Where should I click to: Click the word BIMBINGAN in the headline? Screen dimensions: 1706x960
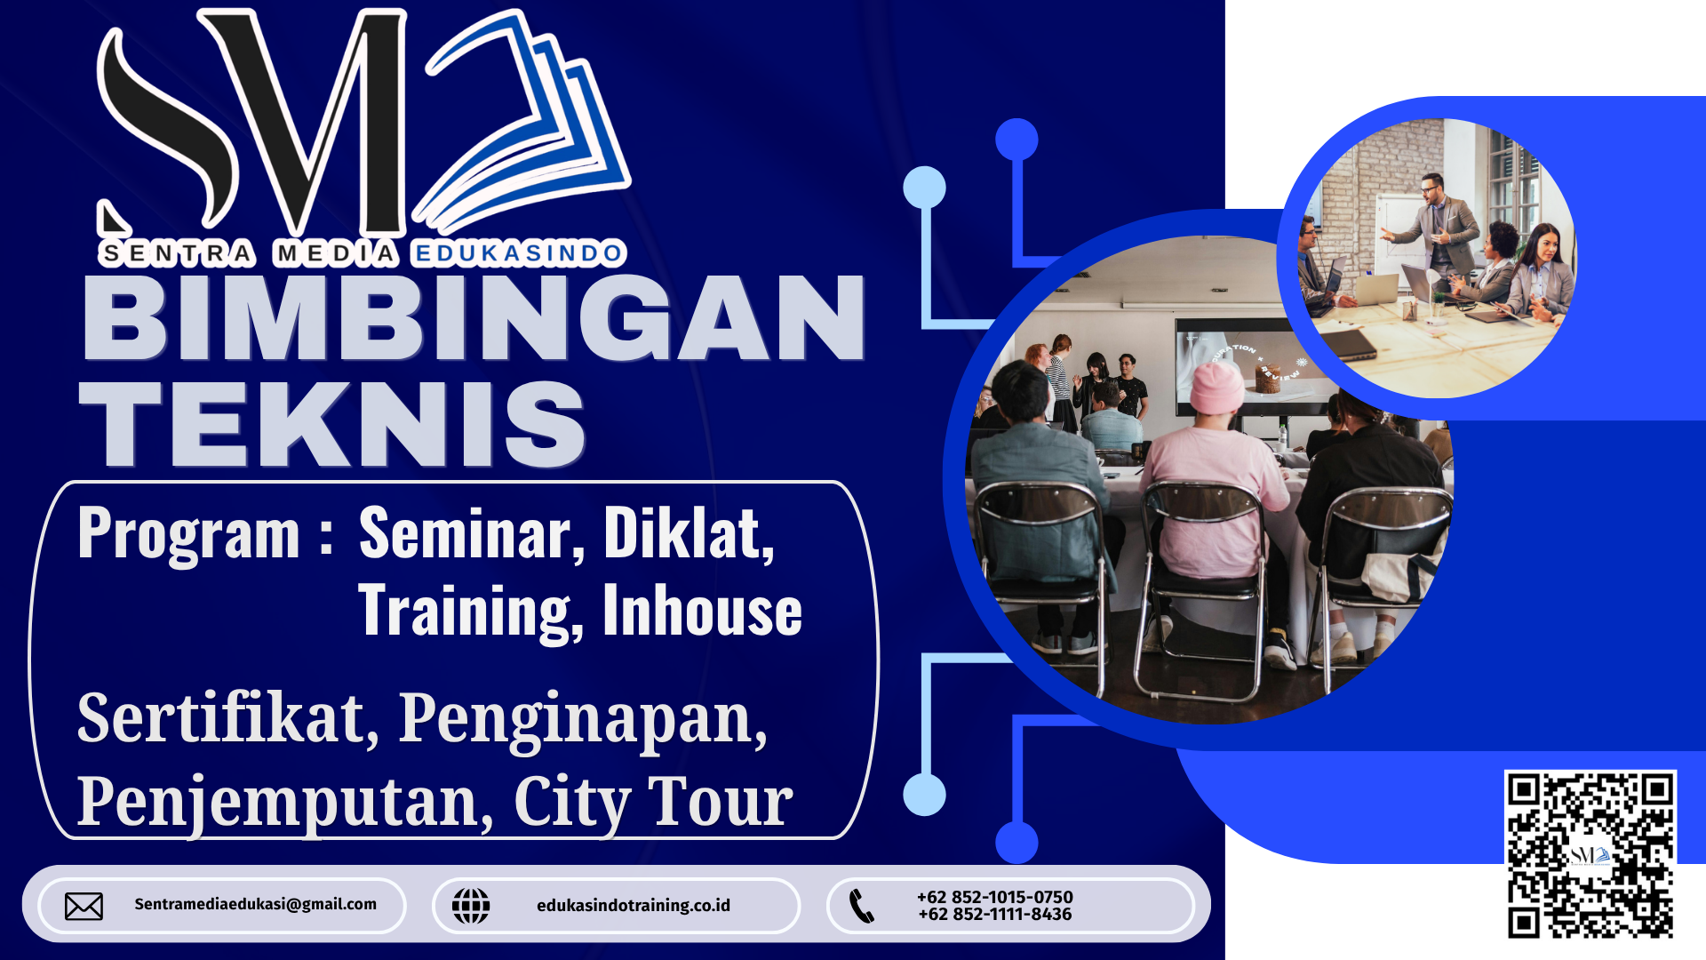pos(474,317)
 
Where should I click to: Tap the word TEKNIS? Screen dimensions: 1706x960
pos(333,424)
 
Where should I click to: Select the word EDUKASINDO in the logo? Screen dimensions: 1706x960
pos(519,254)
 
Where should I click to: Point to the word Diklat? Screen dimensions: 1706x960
pos(690,533)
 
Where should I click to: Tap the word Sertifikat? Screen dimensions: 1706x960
pos(227,718)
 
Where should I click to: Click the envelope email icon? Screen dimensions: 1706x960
pos(84,906)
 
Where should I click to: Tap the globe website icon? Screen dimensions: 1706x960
pos(471,906)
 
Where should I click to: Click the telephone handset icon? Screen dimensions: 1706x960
pos(862,906)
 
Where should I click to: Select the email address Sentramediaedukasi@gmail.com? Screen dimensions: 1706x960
pos(256,904)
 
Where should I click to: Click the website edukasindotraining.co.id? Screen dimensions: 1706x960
pos(634,905)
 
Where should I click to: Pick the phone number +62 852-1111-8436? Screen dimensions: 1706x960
pos(995,915)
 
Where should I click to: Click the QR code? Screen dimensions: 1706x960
pos(1590,854)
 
